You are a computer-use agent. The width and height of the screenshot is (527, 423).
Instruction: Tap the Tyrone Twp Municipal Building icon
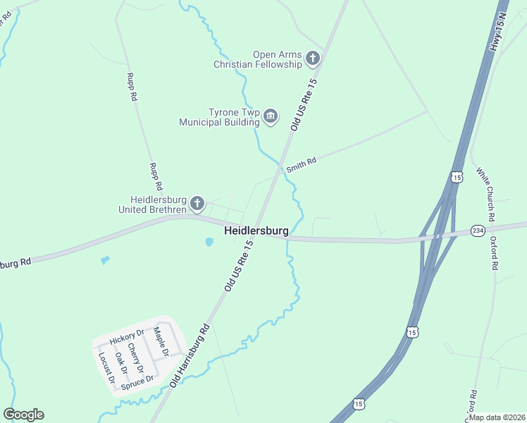pos(271,116)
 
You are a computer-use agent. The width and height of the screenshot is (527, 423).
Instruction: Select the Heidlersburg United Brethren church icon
pos(197,204)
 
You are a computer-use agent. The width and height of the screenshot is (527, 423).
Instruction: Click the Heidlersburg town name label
pos(256,231)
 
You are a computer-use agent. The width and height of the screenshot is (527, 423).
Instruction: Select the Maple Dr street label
pos(163,342)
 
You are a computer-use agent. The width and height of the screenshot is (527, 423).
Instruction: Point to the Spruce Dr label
pos(137,382)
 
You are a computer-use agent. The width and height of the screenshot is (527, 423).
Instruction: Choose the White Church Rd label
pos(485,193)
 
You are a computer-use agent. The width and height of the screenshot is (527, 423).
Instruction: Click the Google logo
pos(23,415)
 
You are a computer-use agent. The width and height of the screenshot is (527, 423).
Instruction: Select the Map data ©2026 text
pos(497,417)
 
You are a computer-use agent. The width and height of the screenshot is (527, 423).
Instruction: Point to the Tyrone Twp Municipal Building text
pos(219,117)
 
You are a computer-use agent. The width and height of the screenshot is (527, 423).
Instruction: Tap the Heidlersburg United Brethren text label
pos(153,204)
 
